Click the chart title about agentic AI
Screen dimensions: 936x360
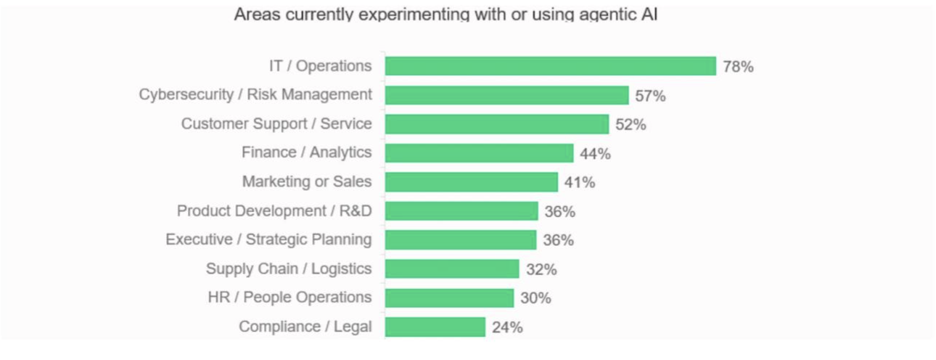(x=446, y=15)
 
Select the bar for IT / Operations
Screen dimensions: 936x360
(x=550, y=66)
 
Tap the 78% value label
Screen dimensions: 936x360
(x=738, y=67)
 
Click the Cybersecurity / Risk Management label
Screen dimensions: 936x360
(x=255, y=95)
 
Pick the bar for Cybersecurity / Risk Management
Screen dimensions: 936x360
(x=507, y=95)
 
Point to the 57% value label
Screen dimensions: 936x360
(x=650, y=96)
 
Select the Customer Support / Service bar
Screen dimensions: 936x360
(x=497, y=124)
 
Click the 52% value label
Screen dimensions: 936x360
(x=631, y=125)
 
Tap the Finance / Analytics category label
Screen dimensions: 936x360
(x=306, y=152)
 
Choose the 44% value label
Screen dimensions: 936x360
(x=595, y=154)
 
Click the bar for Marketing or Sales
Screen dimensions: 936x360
(x=472, y=182)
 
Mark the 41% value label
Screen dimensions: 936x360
(x=580, y=182)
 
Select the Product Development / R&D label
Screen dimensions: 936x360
(x=274, y=210)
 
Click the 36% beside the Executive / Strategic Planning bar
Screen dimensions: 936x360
(x=558, y=240)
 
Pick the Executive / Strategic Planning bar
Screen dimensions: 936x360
(x=461, y=240)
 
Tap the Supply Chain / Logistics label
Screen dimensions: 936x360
(x=289, y=269)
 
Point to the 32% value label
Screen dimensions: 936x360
(x=541, y=270)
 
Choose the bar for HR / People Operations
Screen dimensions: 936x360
(x=449, y=298)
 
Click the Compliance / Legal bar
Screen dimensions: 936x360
(x=435, y=327)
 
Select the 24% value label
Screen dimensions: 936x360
(x=507, y=327)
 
